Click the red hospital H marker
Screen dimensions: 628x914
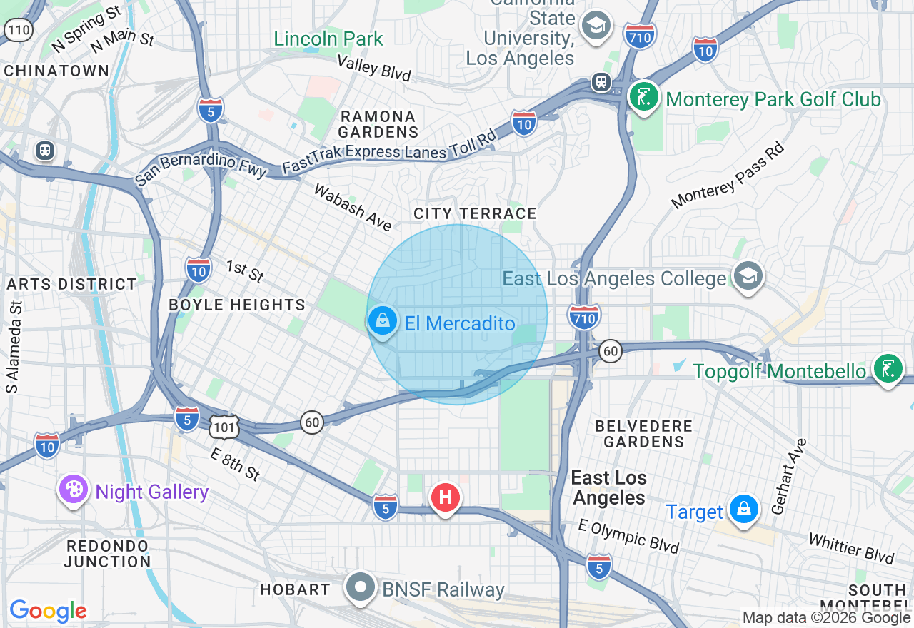pyautogui.click(x=445, y=497)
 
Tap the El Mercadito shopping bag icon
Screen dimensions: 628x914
pyautogui.click(x=383, y=322)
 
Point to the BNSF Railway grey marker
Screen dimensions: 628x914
pyautogui.click(x=361, y=588)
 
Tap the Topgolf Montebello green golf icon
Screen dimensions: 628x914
pyautogui.click(x=888, y=369)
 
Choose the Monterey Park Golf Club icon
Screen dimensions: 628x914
pyautogui.click(x=645, y=98)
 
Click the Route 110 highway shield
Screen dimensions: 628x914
pyautogui.click(x=18, y=29)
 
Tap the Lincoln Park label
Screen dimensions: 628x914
pyautogui.click(x=328, y=39)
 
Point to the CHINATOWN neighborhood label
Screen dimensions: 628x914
pyautogui.click(x=56, y=71)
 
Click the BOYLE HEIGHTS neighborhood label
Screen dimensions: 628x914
pyautogui.click(x=237, y=305)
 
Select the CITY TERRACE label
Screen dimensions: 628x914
pyautogui.click(x=475, y=213)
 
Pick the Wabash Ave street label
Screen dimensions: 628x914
pyautogui.click(x=353, y=208)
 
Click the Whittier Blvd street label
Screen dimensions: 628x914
pyautogui.click(x=851, y=548)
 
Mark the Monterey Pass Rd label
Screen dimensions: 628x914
pyautogui.click(x=728, y=176)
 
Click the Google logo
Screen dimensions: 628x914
pyautogui.click(x=48, y=611)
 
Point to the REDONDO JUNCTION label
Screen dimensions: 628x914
pyautogui.click(x=107, y=554)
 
